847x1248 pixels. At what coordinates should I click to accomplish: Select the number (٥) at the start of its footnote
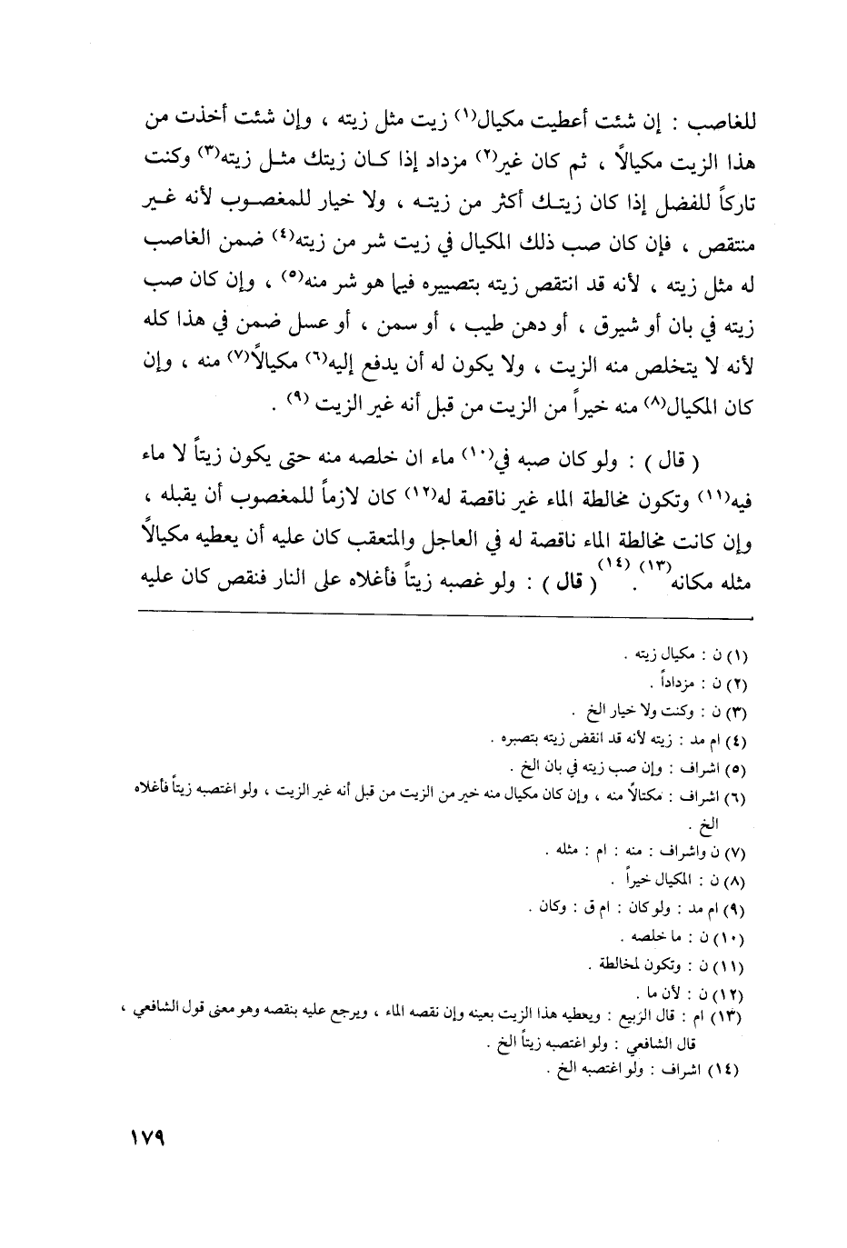point(732,761)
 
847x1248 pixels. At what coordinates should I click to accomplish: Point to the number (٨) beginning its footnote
point(732,881)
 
